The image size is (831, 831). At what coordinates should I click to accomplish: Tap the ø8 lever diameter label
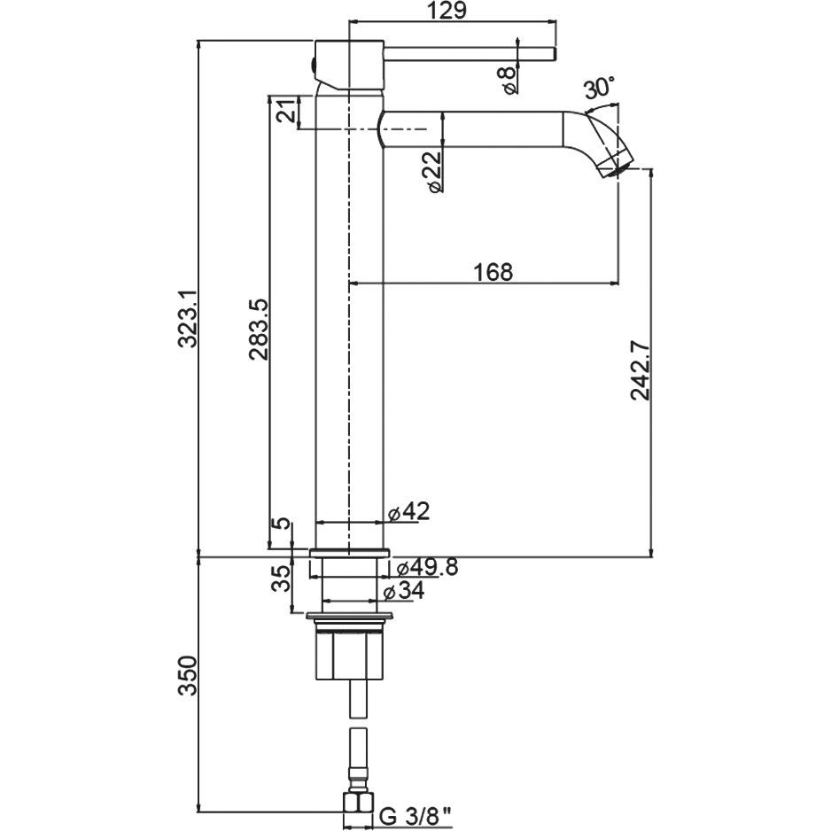pos(509,80)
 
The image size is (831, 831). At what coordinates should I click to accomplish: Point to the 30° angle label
pos(599,87)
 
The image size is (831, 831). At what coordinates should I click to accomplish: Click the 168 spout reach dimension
pos(493,272)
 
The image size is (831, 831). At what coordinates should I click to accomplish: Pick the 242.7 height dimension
pos(641,371)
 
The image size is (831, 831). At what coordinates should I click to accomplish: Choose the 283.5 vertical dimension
pos(259,329)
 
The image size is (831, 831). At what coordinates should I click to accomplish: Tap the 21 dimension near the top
pos(286,113)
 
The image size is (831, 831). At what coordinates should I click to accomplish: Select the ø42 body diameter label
pos(408,511)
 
